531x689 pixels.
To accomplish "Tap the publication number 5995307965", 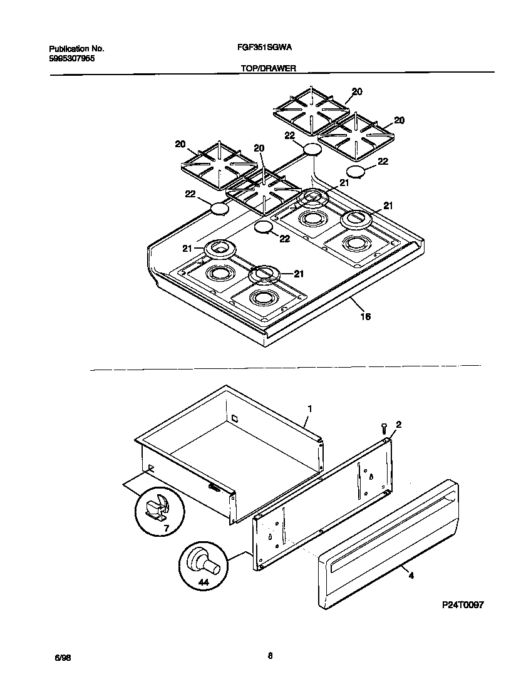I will point(72,58).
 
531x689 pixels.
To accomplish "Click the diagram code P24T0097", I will point(462,604).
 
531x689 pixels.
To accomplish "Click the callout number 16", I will point(366,317).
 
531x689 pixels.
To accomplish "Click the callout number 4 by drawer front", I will point(411,574).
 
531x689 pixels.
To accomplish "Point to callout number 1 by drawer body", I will point(309,408).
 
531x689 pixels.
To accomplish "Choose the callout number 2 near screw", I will point(399,425).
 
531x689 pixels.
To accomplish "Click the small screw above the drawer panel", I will point(383,428).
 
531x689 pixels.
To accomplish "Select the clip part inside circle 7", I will point(158,506).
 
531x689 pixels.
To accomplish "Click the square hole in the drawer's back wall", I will point(234,418).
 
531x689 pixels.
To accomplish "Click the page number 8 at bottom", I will point(270,656).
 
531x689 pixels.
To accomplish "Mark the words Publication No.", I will point(76,48).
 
